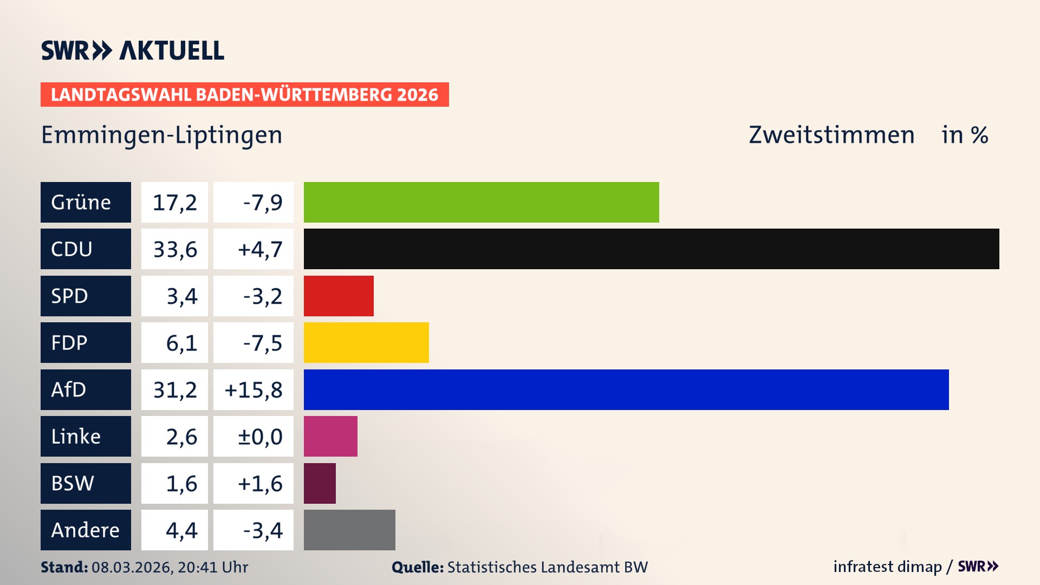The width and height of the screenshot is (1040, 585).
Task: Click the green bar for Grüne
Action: click(481, 202)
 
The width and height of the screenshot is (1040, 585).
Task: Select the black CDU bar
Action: click(651, 249)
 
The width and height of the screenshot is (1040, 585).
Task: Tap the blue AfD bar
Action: click(626, 389)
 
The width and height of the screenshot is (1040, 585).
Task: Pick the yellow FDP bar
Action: click(366, 342)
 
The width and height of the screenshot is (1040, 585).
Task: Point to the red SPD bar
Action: click(339, 296)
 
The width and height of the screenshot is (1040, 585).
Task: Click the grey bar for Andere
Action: click(349, 530)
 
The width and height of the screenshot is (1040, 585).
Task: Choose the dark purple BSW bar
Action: click(320, 483)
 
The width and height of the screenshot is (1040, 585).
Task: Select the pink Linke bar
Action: click(330, 436)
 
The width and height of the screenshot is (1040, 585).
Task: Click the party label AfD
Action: click(69, 389)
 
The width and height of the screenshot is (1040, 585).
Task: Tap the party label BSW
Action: click(73, 483)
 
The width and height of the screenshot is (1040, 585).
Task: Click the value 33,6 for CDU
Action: click(175, 249)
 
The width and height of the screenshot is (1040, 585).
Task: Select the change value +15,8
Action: click(253, 390)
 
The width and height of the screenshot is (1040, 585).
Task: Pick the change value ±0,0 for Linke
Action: click(260, 437)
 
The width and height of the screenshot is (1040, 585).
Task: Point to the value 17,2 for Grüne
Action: click(175, 203)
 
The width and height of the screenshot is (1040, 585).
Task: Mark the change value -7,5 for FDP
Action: click(263, 343)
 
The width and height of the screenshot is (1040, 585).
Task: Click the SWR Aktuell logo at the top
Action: click(133, 50)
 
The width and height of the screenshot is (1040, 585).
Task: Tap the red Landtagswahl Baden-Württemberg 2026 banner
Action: click(244, 95)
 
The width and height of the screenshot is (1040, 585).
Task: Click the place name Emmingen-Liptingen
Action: click(162, 135)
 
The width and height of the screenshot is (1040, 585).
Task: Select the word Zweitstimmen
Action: click(831, 135)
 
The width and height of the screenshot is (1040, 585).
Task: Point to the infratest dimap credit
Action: click(887, 567)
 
